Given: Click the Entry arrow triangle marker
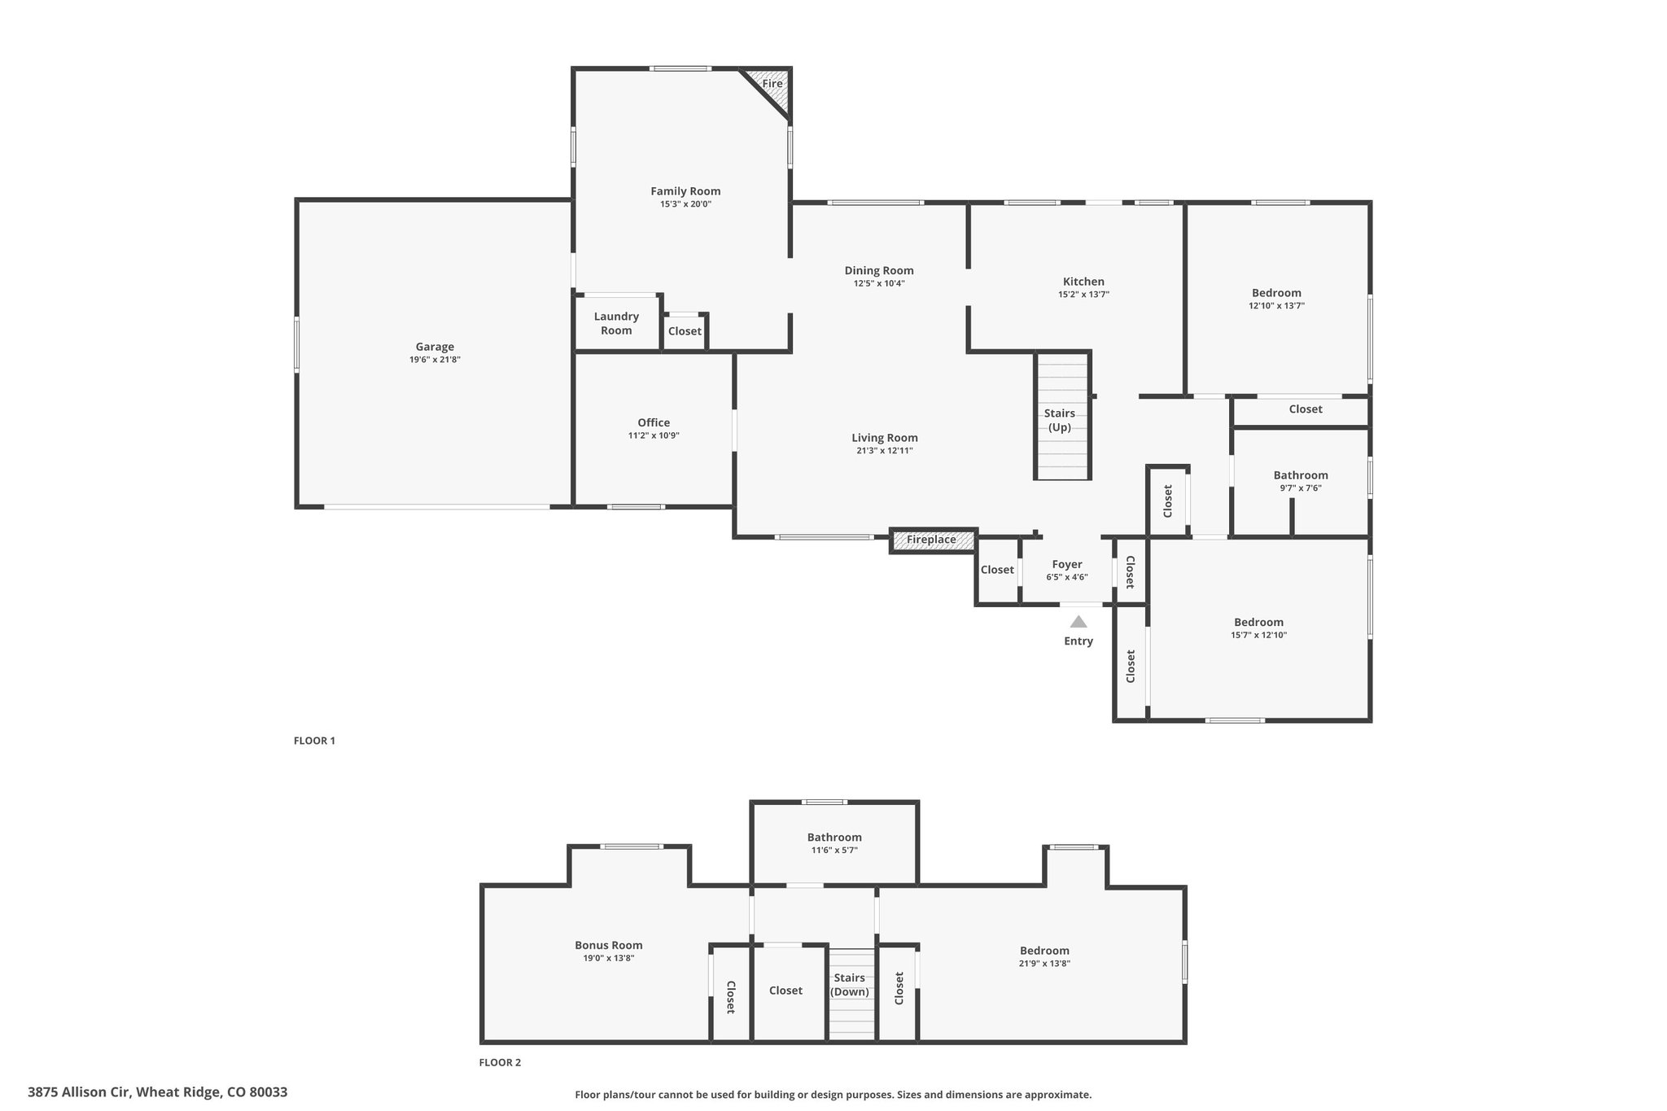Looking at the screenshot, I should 1079,622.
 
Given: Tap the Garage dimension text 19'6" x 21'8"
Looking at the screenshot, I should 435,360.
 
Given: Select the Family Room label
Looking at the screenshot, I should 685,191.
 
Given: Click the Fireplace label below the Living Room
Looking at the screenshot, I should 931,540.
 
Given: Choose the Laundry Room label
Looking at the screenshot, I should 616,323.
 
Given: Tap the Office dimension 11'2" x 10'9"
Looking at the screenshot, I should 654,435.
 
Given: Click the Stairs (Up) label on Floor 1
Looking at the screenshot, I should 1060,420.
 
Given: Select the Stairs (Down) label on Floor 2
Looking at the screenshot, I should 849,985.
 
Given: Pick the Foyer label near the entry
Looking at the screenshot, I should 1066,564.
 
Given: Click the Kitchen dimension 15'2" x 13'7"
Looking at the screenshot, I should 1083,295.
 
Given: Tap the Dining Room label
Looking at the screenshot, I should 879,270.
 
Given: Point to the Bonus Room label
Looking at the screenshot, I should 609,945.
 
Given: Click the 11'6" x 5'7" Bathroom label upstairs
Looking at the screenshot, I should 834,850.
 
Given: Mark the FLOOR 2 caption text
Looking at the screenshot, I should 500,1062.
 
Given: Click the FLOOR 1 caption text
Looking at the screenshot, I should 314,741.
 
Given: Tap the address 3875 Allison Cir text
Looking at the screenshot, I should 157,1092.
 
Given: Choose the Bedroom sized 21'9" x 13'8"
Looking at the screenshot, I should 1044,956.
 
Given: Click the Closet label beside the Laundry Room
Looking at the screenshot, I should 685,331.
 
